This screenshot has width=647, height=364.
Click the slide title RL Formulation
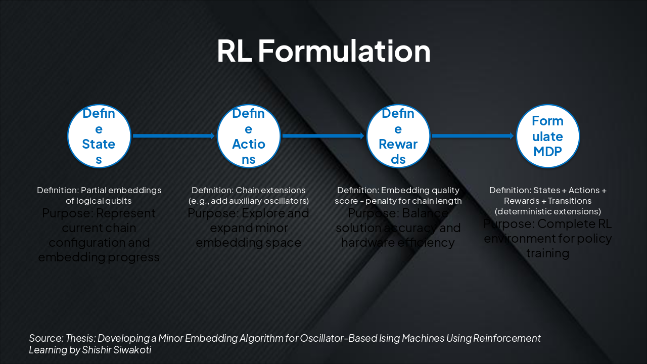click(323, 51)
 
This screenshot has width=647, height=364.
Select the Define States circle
click(99, 136)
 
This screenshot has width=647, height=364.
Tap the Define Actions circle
click(249, 136)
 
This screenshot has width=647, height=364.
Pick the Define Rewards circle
click(398, 136)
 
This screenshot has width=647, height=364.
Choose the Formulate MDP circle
click(548, 136)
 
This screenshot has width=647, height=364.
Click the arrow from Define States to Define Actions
click(174, 135)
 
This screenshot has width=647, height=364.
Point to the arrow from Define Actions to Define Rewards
click(323, 135)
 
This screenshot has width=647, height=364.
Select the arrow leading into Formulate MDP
click(473, 135)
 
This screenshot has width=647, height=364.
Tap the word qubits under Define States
click(120, 201)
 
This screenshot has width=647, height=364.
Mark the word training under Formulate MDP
click(548, 253)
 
